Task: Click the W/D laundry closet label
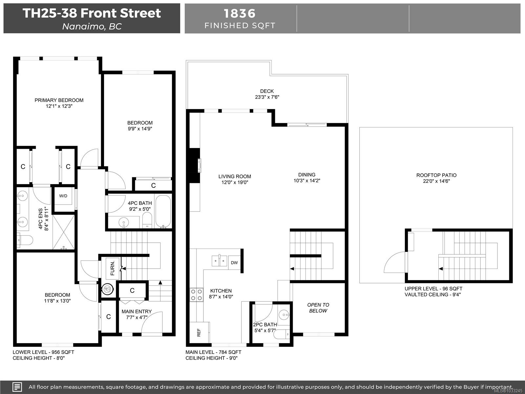[x=63, y=196]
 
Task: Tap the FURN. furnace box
[x=113, y=268]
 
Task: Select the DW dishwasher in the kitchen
[x=234, y=263]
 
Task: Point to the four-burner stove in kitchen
[x=196, y=295]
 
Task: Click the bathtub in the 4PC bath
[x=163, y=211]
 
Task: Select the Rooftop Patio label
[x=436, y=175]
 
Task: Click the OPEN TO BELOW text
[x=318, y=308]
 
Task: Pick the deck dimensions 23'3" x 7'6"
[x=267, y=97]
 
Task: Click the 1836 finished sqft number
[x=240, y=13]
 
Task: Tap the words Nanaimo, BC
[x=92, y=26]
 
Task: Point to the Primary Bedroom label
[x=59, y=100]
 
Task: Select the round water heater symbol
[x=108, y=289]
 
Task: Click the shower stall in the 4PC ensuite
[x=63, y=231]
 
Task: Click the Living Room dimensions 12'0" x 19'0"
[x=234, y=182]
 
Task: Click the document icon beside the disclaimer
[x=17, y=386]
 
